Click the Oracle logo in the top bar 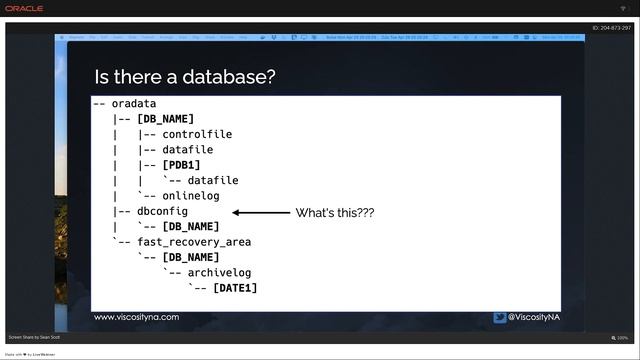pos(24,9)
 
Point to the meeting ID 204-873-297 pos(611,28)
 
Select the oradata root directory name pos(134,104)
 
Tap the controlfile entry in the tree pos(197,134)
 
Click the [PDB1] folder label pos(181,165)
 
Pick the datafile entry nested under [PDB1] pos(213,181)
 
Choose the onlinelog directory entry pos(191,196)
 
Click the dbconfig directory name pos(162,211)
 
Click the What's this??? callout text pos(335,212)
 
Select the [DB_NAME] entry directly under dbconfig pos(191,227)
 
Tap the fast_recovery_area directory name pos(194,242)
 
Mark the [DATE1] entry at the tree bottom pos(235,288)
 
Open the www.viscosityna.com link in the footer pos(137,317)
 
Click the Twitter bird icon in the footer pos(499,317)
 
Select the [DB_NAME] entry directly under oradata pos(165,119)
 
